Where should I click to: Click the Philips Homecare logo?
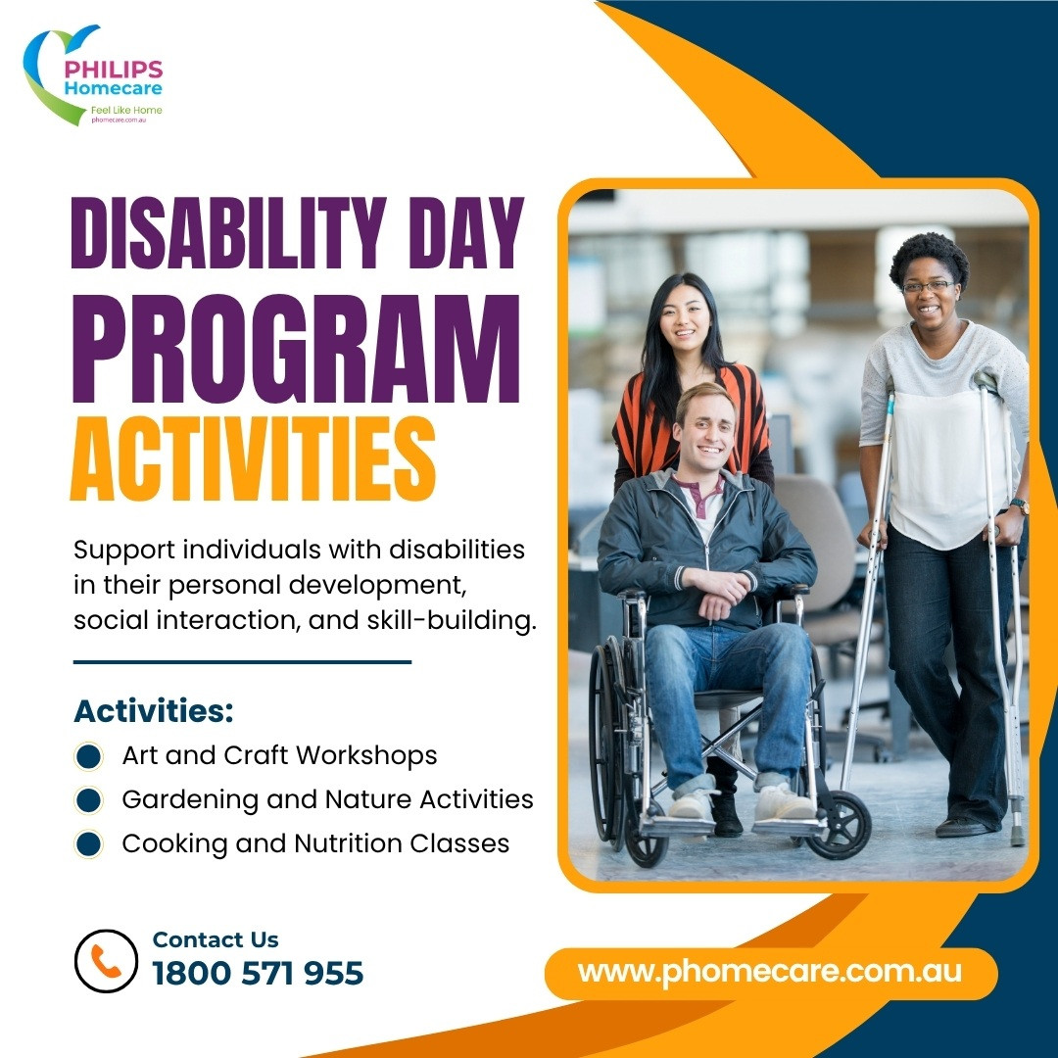(93, 75)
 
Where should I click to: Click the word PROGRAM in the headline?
(297, 350)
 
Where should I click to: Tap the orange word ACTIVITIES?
(253, 458)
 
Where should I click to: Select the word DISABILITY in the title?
(228, 233)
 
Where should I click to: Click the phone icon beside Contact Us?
(106, 961)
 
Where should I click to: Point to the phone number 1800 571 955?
(258, 973)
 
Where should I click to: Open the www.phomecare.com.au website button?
(771, 973)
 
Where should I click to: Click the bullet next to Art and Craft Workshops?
(88, 755)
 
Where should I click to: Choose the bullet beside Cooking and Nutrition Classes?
(88, 844)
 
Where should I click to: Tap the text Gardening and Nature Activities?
(327, 799)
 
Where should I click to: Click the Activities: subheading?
(154, 710)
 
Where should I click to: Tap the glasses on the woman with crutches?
(929, 286)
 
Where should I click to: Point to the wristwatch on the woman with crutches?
(1020, 505)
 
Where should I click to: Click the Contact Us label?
(216, 939)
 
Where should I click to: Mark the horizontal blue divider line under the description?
(242, 662)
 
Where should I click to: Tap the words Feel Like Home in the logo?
(126, 110)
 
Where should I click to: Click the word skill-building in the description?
(452, 620)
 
